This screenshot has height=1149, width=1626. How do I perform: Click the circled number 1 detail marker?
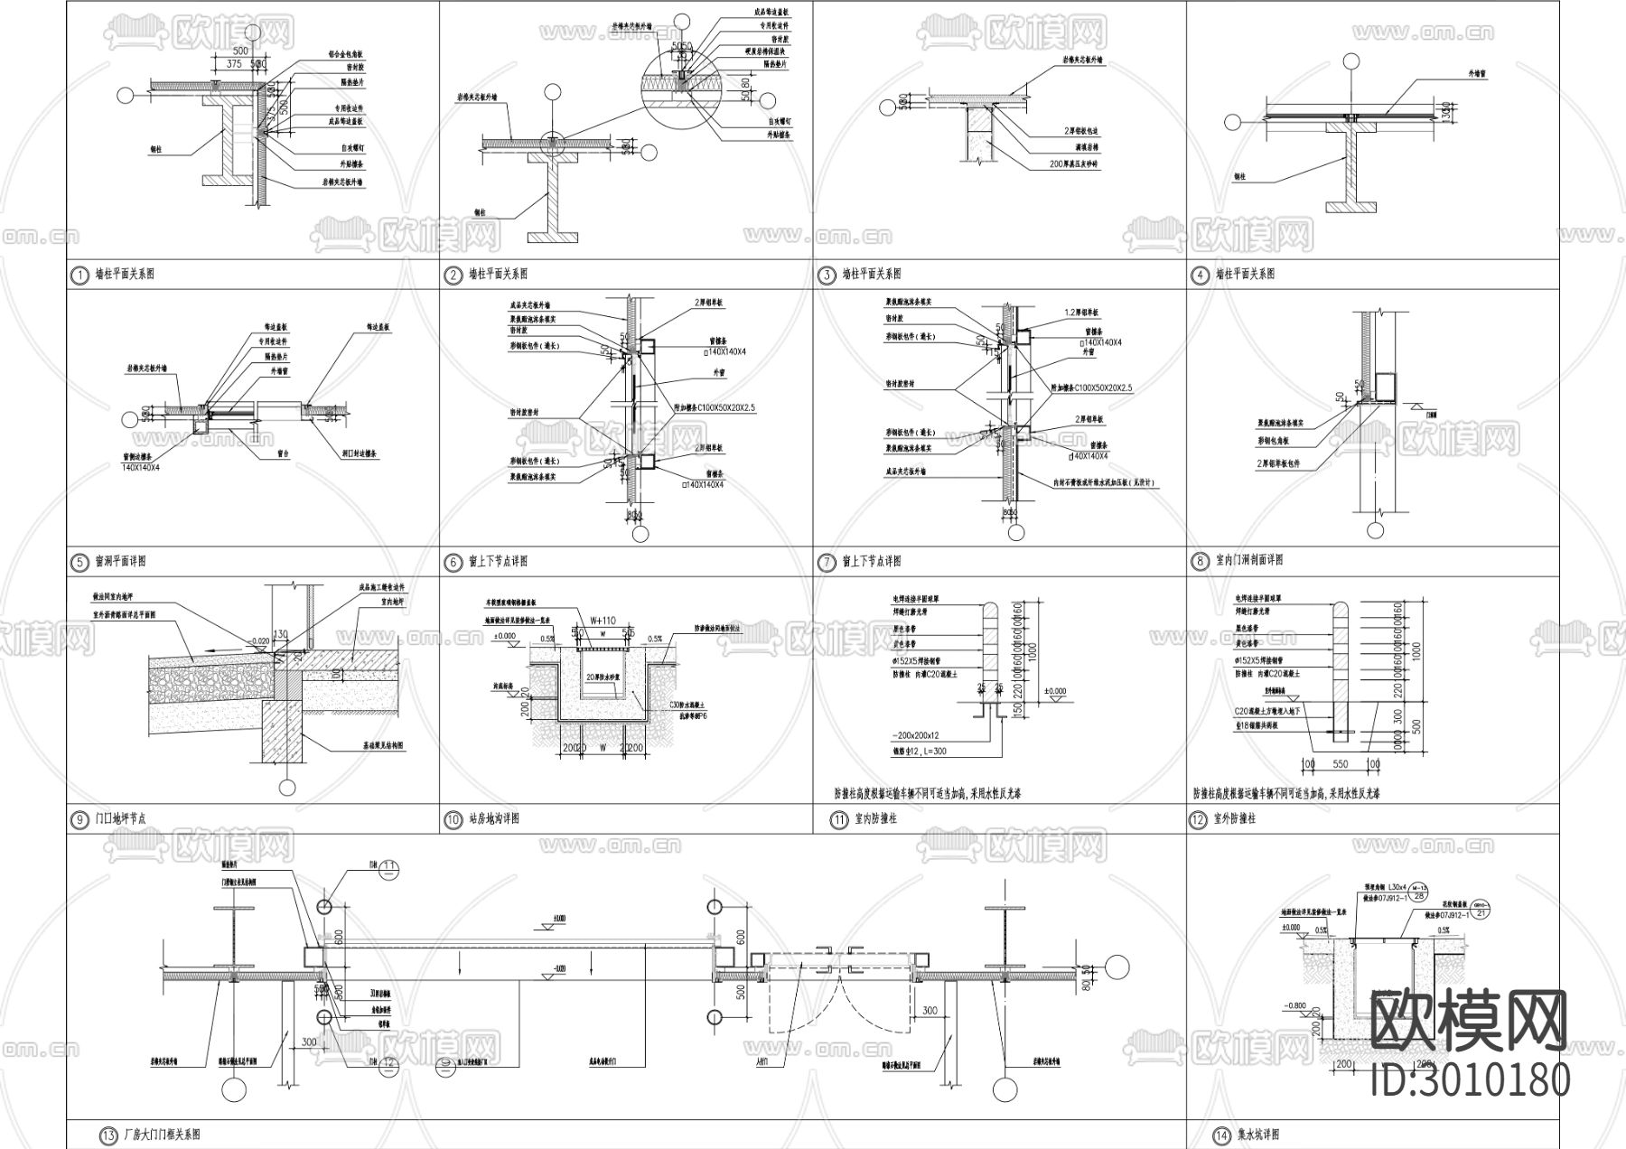(x=79, y=274)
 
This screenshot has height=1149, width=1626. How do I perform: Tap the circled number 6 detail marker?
(x=453, y=562)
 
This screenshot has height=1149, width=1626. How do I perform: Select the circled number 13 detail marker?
(x=108, y=1135)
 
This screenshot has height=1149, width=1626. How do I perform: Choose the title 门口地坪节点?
(x=120, y=819)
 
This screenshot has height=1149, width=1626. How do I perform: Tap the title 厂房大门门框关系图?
(x=161, y=1135)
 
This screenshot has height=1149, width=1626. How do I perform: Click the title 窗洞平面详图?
(x=120, y=562)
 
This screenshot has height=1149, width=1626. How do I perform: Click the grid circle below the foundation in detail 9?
(x=287, y=788)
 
